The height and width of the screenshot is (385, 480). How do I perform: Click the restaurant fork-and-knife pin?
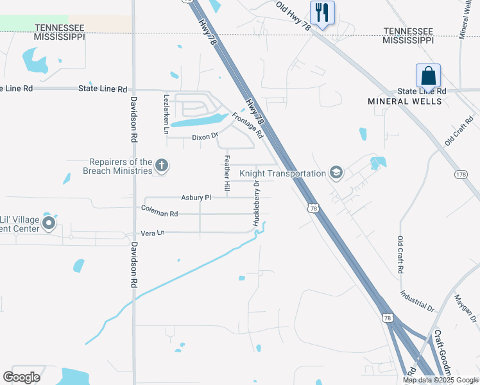click(x=322, y=13)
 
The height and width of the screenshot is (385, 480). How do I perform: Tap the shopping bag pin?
click(x=428, y=76)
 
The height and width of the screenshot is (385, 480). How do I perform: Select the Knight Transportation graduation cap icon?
click(x=336, y=173)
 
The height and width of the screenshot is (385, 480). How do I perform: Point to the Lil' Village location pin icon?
click(x=48, y=223)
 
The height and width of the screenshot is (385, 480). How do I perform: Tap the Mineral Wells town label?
click(x=405, y=101)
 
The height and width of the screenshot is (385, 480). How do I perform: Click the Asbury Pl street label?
click(x=196, y=198)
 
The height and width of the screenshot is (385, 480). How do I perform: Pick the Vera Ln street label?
click(x=152, y=233)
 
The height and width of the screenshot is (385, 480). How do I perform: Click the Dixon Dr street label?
click(x=205, y=137)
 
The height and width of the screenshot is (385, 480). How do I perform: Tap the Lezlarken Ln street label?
click(x=166, y=114)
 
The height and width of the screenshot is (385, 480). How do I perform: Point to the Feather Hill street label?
click(x=227, y=173)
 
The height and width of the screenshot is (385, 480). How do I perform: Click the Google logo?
click(x=22, y=377)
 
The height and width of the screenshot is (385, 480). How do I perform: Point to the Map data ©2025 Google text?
click(x=440, y=380)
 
